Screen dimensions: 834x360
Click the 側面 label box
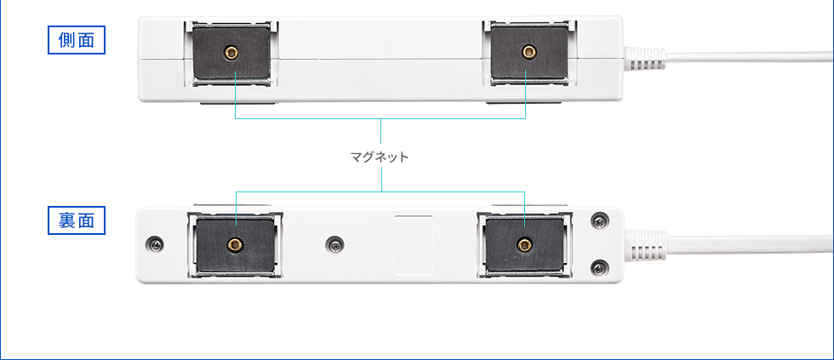click(x=77, y=40)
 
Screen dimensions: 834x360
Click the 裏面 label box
click(x=77, y=220)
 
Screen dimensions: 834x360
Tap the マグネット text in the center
click(x=380, y=157)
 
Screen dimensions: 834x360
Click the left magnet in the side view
click(x=231, y=53)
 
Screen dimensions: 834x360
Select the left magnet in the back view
click(x=235, y=245)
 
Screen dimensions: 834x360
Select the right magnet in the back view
click(x=524, y=245)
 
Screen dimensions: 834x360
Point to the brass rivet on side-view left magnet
click(x=231, y=52)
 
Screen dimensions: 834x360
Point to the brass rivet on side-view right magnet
click(x=528, y=52)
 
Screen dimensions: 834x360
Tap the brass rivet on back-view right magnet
click(x=525, y=244)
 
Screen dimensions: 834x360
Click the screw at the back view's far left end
click(x=156, y=244)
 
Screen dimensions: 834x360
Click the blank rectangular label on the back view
click(x=414, y=245)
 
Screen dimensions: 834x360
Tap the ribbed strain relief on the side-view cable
click(x=645, y=59)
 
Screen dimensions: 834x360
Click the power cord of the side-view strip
click(x=750, y=57)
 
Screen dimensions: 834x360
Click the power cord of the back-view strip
click(x=750, y=244)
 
